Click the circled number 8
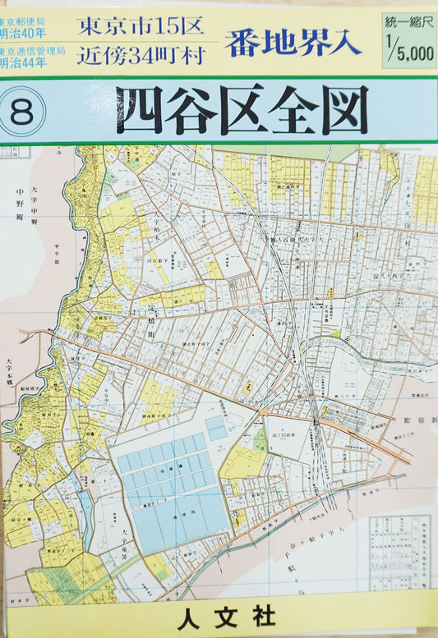(22, 113)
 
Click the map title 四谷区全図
(242, 110)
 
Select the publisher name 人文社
(219, 615)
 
